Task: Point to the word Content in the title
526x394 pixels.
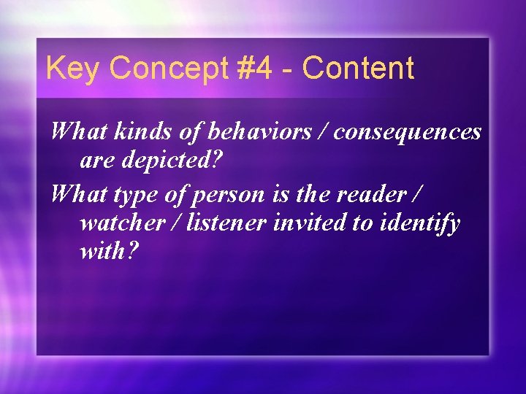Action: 358,69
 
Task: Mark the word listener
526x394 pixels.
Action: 227,223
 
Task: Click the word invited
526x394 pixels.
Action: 310,223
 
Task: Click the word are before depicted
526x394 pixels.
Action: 96,159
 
